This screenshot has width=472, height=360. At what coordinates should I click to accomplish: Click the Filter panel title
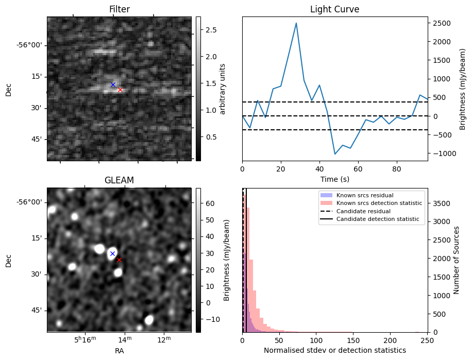tap(119, 9)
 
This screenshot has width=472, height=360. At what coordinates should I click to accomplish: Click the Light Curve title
tap(334, 9)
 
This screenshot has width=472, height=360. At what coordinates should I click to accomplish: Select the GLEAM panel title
tap(119, 180)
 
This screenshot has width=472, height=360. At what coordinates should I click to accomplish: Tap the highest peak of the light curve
tap(296, 23)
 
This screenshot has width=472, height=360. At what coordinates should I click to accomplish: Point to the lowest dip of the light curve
tap(335, 154)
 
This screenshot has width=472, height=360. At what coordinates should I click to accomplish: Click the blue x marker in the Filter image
tap(113, 84)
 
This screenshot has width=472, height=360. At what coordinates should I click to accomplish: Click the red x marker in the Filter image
tap(120, 90)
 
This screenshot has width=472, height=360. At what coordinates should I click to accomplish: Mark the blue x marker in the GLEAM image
tap(112, 253)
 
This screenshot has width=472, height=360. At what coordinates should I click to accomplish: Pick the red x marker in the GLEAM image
tap(119, 260)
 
